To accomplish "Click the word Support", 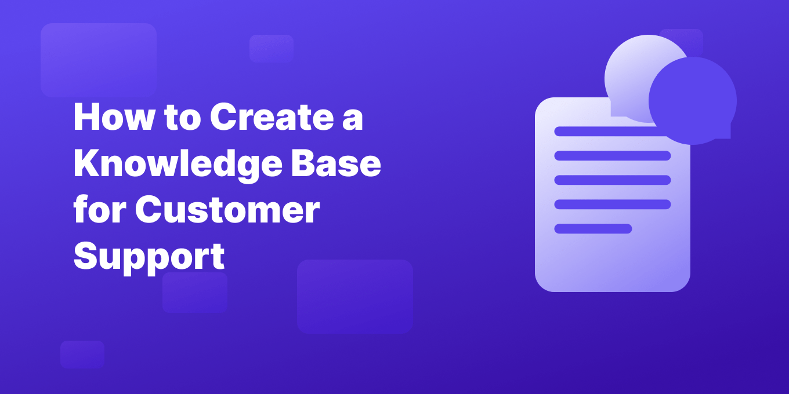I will click(x=149, y=257).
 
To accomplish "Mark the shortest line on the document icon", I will click(x=593, y=228).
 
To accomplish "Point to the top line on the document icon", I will click(x=603, y=131).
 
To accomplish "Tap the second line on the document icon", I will click(x=612, y=155).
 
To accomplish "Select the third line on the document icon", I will click(x=612, y=180).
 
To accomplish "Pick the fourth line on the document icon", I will click(x=612, y=204).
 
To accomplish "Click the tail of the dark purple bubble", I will click(x=725, y=133).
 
